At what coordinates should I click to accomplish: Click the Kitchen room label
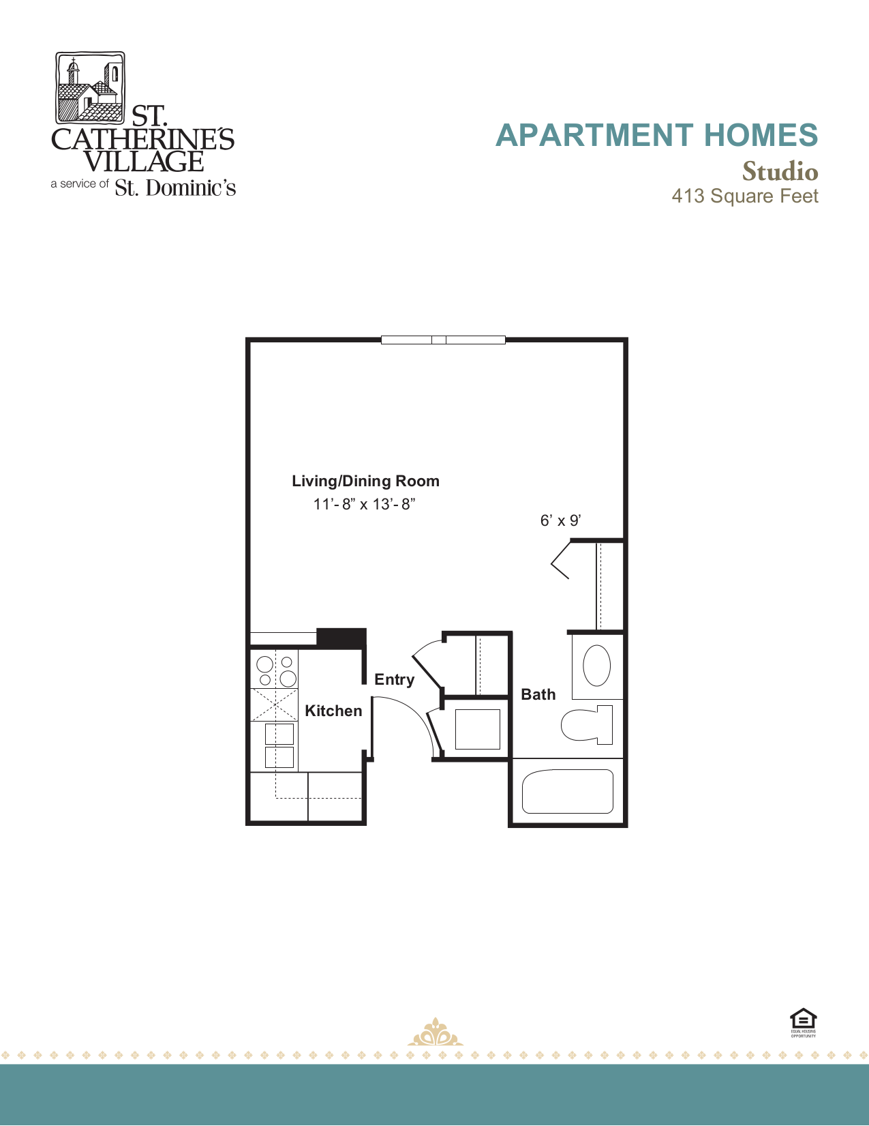click(333, 711)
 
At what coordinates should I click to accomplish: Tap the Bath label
click(538, 694)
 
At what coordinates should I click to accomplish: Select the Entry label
click(394, 679)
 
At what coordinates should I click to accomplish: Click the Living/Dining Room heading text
click(365, 481)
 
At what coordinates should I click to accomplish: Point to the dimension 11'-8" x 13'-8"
click(364, 504)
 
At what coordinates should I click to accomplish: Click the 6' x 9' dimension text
click(560, 520)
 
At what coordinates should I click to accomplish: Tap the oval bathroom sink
click(596, 666)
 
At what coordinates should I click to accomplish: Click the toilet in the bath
click(587, 724)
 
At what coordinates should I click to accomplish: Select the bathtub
click(567, 791)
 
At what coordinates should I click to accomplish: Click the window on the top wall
click(443, 340)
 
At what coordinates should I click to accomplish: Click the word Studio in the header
click(780, 171)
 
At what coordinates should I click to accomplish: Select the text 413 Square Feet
click(744, 196)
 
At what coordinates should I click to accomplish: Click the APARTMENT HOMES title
click(656, 135)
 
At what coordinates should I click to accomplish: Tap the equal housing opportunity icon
click(803, 1021)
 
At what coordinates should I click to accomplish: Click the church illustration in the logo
click(89, 87)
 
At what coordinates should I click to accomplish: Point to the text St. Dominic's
click(175, 188)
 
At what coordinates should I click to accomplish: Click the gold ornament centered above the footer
click(435, 1033)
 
